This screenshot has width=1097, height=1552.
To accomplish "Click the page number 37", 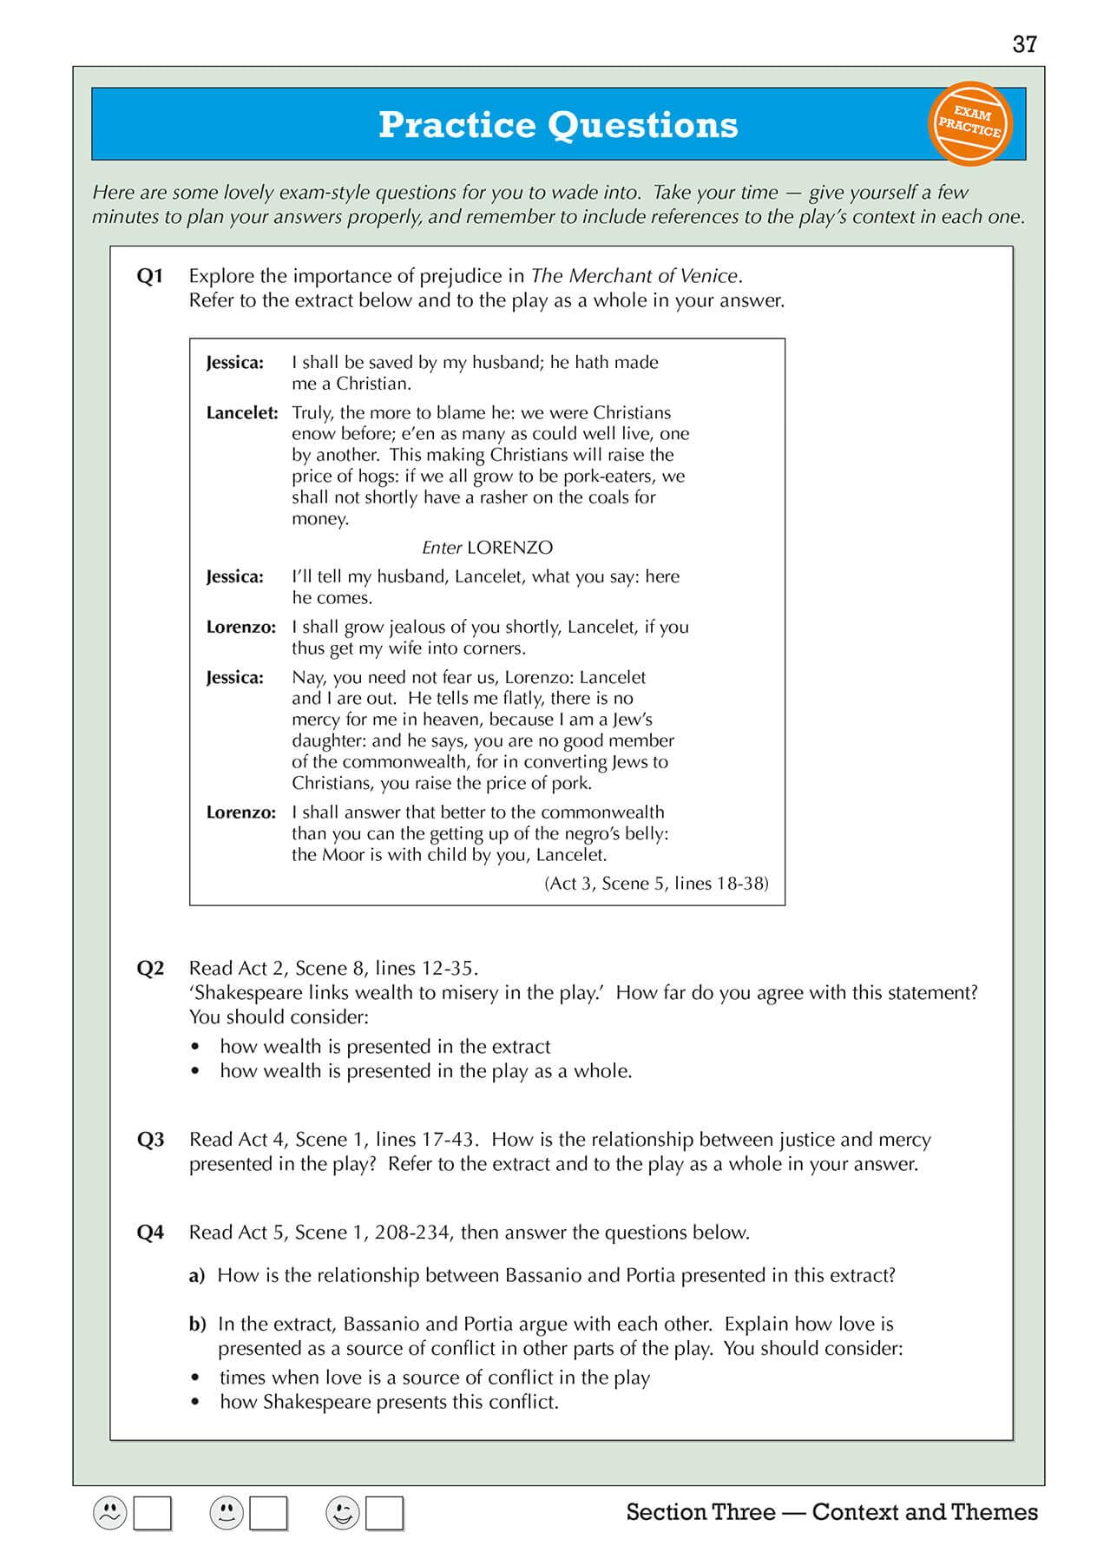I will click(1024, 44).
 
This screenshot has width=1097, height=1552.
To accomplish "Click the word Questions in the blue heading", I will click(643, 125).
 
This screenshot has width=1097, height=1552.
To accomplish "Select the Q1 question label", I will click(150, 276).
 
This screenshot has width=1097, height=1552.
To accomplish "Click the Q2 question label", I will click(150, 969).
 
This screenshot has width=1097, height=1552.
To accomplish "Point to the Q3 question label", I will click(150, 1140).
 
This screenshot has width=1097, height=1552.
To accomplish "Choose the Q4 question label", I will click(150, 1233).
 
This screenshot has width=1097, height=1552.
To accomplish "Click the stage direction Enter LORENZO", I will click(487, 548).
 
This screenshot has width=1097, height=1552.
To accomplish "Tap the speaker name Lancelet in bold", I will click(242, 413).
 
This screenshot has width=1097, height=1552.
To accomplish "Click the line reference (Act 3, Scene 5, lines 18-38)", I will click(656, 884).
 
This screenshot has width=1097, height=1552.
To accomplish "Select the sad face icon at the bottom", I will click(110, 1513).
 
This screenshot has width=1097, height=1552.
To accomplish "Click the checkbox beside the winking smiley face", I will click(384, 1513).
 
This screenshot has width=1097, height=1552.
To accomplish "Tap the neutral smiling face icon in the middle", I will click(227, 1513).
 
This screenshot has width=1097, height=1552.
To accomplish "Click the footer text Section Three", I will click(700, 1512).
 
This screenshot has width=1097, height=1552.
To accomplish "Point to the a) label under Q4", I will click(197, 1276).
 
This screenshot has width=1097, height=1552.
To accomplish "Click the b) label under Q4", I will click(197, 1325).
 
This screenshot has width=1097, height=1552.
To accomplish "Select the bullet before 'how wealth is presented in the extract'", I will click(196, 1048).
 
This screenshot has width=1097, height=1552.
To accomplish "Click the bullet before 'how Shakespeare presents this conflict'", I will click(196, 1403).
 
